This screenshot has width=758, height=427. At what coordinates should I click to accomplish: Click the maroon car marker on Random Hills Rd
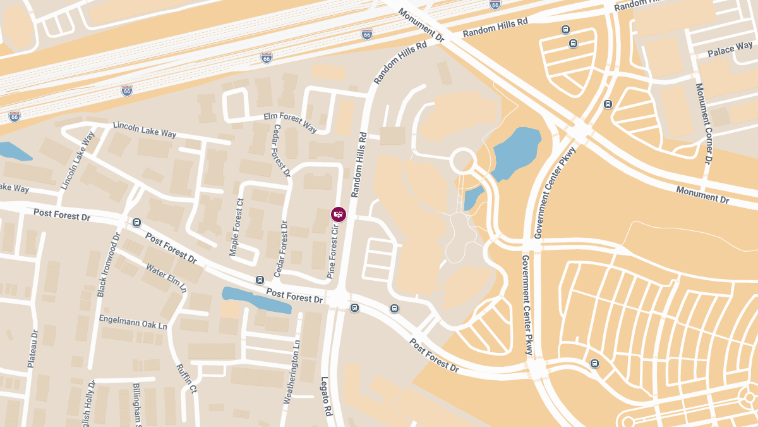tap(339, 214)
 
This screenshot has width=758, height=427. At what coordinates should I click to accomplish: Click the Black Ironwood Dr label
tap(108, 265)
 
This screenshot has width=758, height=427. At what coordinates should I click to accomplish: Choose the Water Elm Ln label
tap(167, 278)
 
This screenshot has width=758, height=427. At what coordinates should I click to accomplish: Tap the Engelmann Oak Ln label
tap(133, 321)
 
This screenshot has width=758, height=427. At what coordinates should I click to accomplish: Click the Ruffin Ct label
tap(187, 378)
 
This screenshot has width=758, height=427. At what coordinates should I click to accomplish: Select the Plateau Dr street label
tap(33, 348)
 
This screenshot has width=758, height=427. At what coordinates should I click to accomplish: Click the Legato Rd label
tap(326, 396)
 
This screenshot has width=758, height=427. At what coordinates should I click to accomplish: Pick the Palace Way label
tap(730, 49)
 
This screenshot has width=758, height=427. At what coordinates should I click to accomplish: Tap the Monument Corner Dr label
tap(704, 123)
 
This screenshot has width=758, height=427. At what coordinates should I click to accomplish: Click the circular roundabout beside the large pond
tap(462, 160)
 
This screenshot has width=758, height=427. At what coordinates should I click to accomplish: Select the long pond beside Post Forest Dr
tap(256, 299)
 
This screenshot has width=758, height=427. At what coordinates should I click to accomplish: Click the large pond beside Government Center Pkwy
tap(517, 152)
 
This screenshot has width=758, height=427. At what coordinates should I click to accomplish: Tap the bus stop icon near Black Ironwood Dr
tap(137, 222)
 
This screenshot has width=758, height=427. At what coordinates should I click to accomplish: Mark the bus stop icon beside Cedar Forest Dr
tap(260, 280)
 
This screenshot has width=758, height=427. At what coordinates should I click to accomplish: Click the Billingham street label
tap(136, 405)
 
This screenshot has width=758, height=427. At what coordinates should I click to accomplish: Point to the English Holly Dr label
tap(88, 405)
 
